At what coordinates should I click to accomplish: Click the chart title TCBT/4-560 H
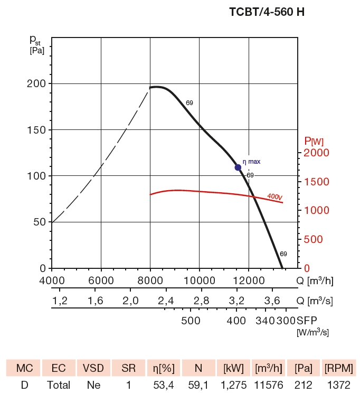tap(267, 12)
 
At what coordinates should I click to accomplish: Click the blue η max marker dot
tap(238, 167)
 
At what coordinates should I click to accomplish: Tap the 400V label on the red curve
tap(274, 196)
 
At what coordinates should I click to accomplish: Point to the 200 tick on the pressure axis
tap(36, 83)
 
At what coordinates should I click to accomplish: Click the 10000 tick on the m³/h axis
tap(199, 280)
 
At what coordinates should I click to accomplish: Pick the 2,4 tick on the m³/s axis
tap(166, 301)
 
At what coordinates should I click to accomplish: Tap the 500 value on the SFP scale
tap(191, 321)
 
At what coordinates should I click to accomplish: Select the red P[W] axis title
tap(314, 141)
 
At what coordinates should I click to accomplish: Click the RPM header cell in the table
tap(339, 368)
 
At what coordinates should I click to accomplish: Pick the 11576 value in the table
tap(269, 385)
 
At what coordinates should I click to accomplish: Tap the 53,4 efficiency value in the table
tap(164, 385)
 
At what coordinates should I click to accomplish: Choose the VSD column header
tap(93, 368)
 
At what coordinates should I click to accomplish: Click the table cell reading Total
tap(58, 385)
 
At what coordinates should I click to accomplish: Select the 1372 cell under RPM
tap(339, 385)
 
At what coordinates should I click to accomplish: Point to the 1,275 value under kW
tap(233, 385)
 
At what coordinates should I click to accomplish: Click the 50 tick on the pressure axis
tap(39, 222)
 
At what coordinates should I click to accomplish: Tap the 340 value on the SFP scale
tap(266, 321)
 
